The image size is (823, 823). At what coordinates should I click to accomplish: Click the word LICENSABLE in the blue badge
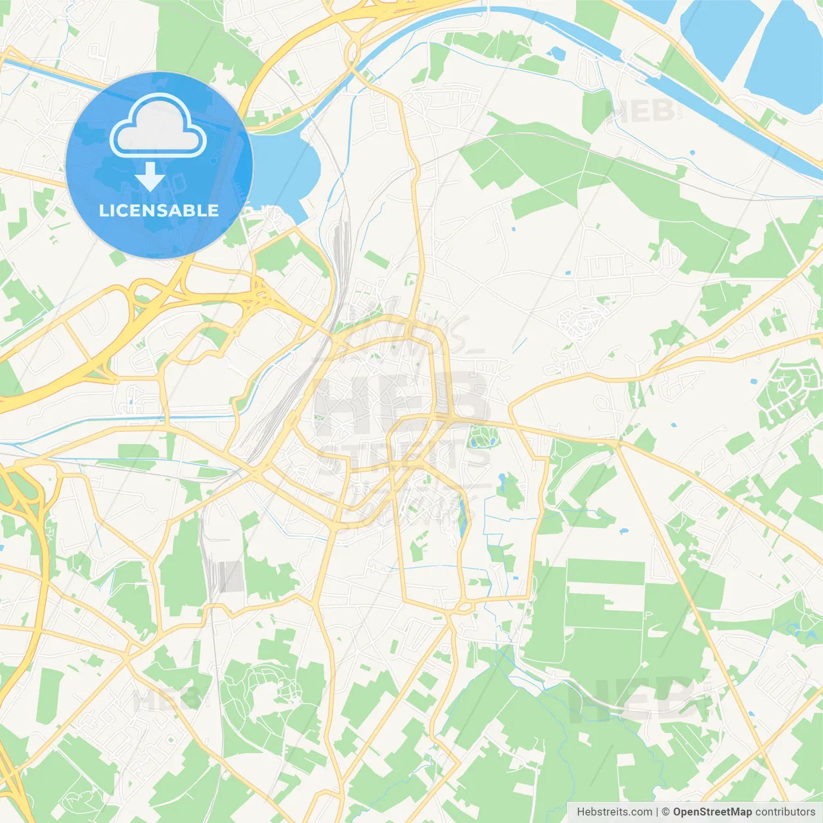159,210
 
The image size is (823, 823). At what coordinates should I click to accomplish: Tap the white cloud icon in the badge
158,126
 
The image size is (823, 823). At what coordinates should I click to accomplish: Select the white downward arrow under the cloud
150,177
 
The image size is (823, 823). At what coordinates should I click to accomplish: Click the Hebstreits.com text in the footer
615,811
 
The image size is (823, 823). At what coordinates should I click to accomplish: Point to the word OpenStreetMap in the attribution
712,811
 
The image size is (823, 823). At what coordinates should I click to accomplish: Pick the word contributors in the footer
785,811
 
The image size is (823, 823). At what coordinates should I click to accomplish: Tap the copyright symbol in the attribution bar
666,811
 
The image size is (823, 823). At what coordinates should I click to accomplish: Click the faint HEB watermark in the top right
639,111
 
